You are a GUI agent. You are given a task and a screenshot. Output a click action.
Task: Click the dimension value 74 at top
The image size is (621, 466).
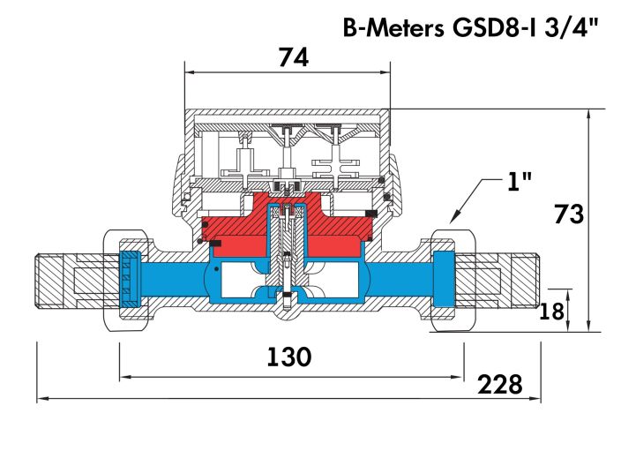[x=293, y=57]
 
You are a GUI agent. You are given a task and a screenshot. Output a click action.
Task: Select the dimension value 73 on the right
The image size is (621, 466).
[x=569, y=214]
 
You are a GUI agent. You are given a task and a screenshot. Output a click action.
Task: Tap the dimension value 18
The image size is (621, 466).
[x=552, y=310]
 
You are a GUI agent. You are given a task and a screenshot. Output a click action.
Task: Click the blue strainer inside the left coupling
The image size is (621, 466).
[x=130, y=281]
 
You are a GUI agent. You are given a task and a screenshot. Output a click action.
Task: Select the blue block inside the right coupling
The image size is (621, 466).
[x=444, y=281]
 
